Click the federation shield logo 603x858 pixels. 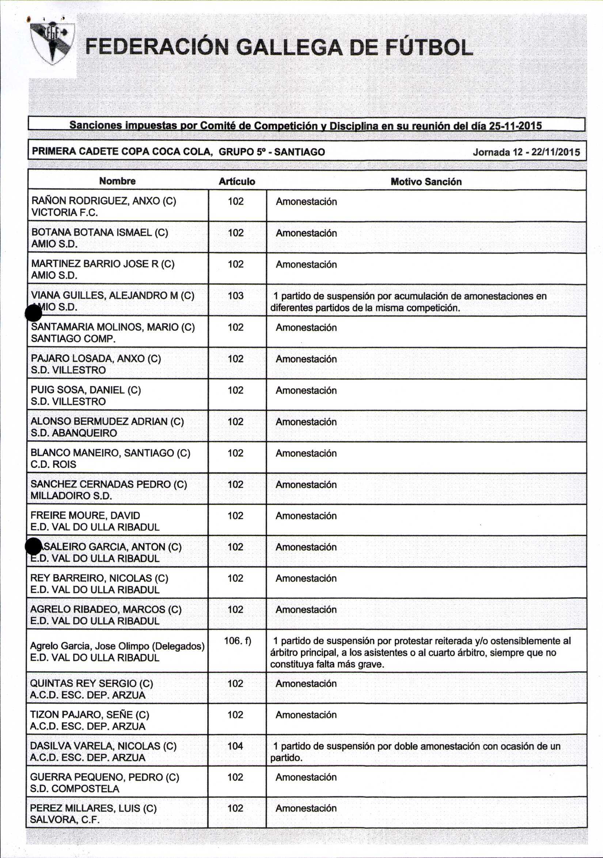coord(52,43)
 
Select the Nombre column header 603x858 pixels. coord(117,181)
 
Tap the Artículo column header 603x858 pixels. coord(237,182)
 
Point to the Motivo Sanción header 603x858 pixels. coord(426,182)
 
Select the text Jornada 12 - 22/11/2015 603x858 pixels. coord(526,152)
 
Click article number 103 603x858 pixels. coord(235,296)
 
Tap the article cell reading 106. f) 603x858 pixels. coord(238,641)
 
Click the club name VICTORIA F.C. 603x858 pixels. coord(64,213)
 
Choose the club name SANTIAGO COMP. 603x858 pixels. coord(73,339)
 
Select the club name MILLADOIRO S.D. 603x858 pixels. coord(71,496)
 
